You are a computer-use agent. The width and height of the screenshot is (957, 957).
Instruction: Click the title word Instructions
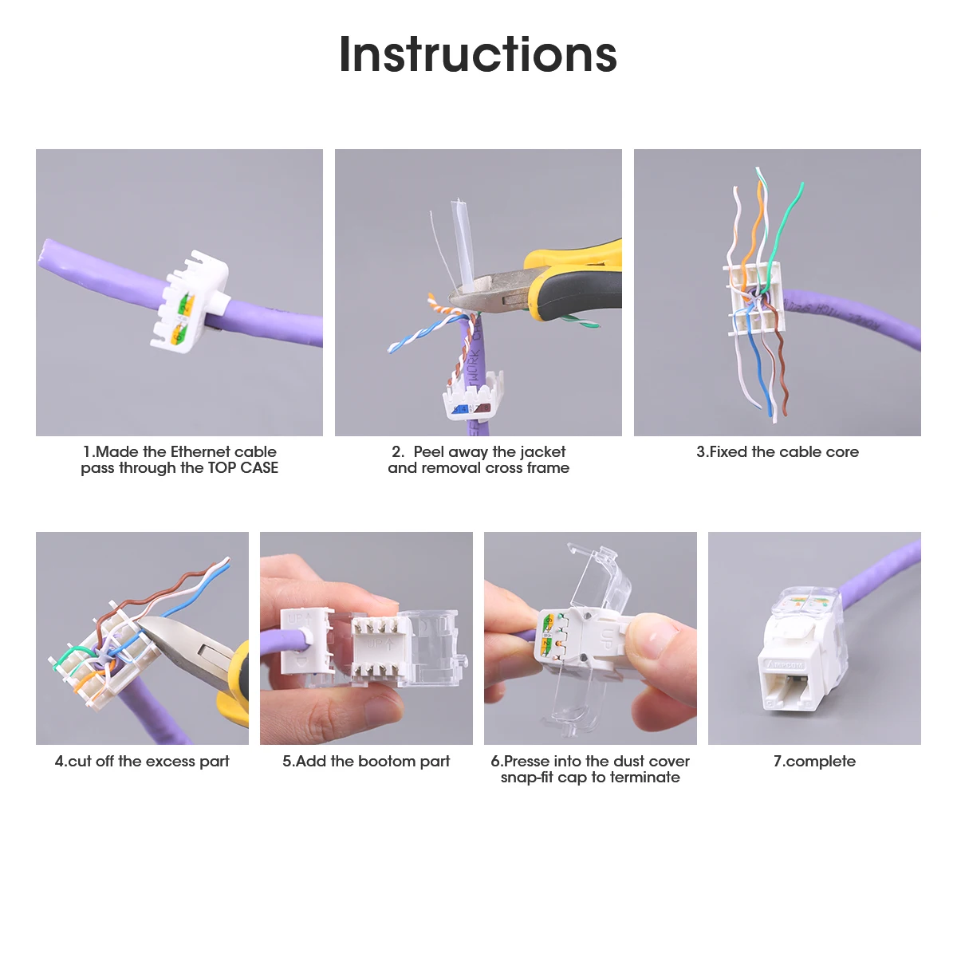[478, 54]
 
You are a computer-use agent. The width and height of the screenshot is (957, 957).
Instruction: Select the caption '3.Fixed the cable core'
[778, 452]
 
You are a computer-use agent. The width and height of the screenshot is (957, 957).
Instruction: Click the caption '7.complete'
[814, 762]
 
